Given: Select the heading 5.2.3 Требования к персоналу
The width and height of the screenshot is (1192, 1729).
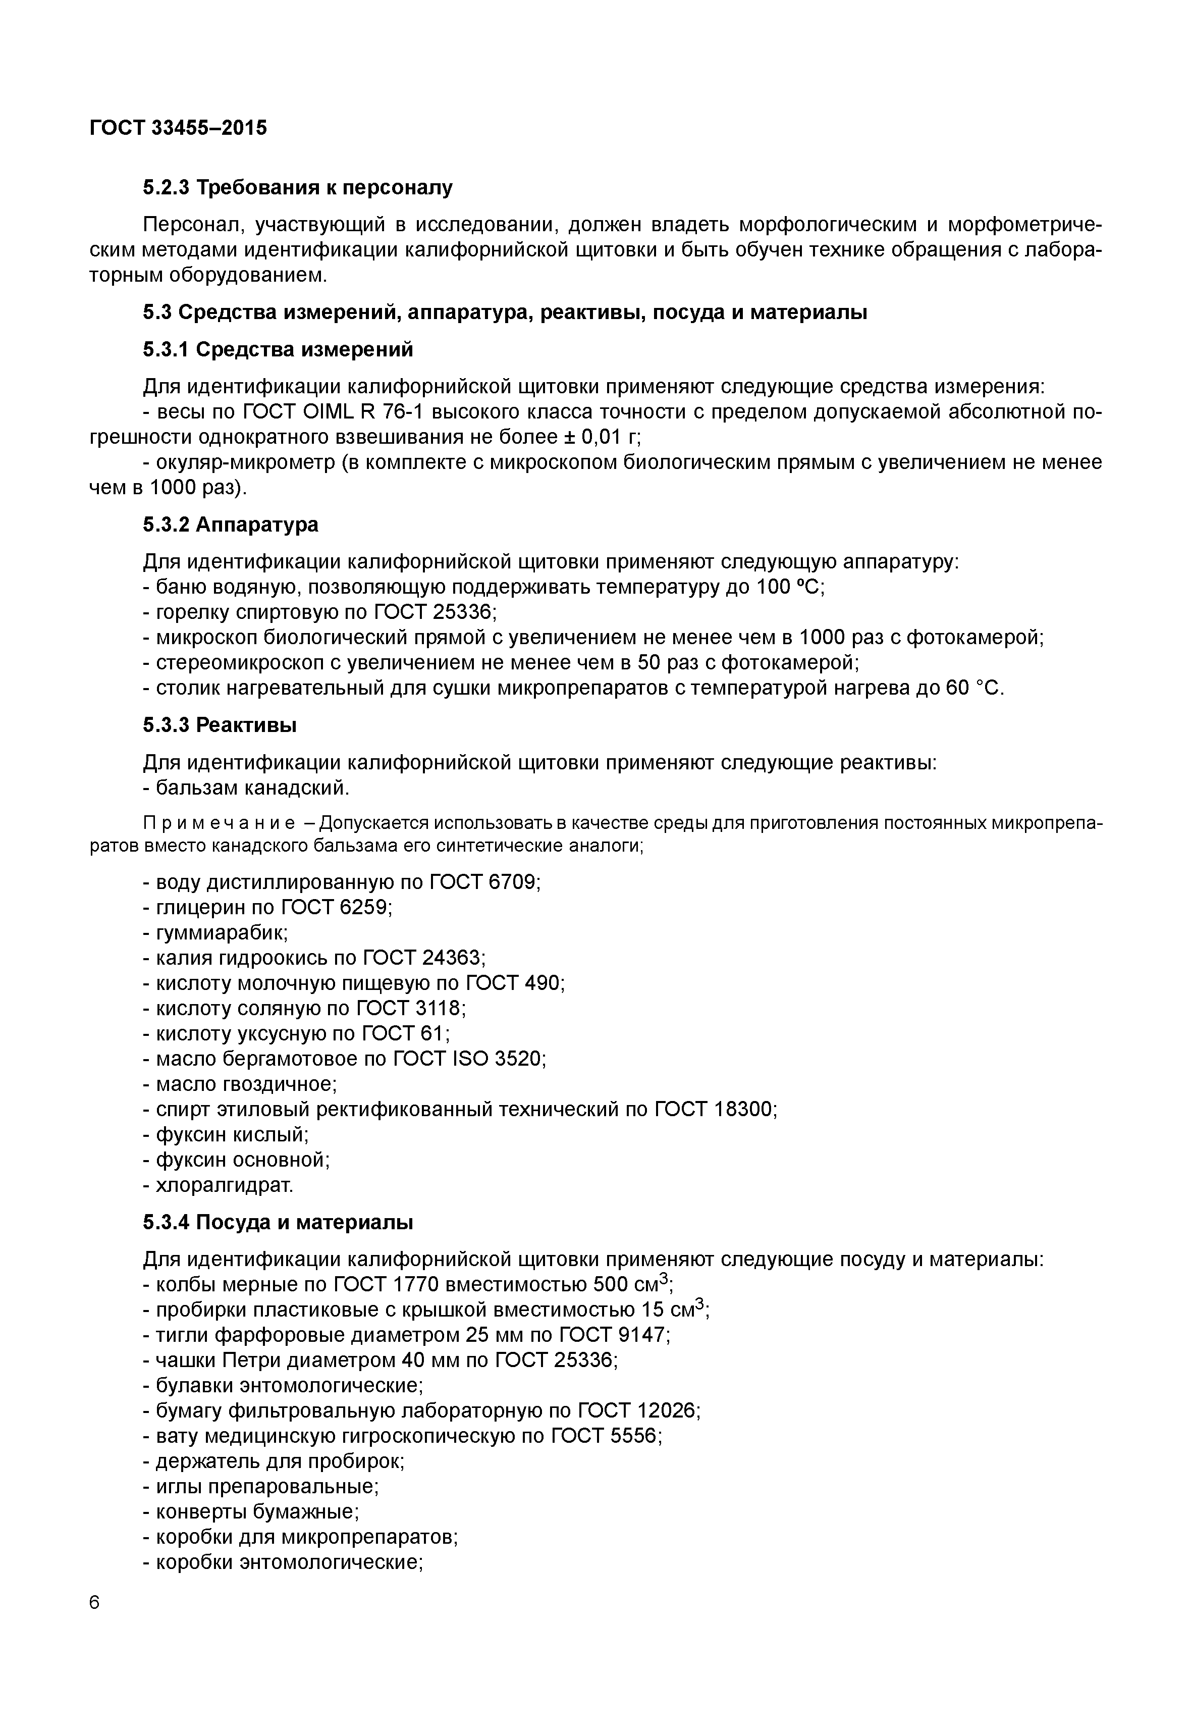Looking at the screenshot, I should click(297, 188).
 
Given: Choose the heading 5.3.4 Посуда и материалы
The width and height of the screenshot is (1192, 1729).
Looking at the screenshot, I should click(278, 1222).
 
